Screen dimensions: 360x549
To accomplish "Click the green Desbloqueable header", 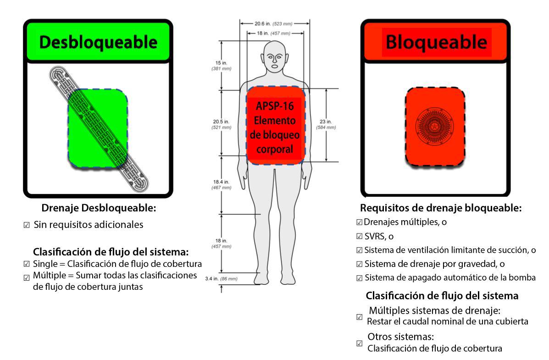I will click(x=98, y=43).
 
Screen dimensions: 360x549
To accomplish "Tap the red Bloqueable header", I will click(x=436, y=42).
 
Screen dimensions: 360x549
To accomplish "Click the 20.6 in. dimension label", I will click(x=274, y=22).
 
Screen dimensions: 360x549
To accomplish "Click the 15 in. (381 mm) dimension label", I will click(x=221, y=65).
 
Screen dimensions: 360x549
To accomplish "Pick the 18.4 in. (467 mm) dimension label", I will click(x=221, y=185).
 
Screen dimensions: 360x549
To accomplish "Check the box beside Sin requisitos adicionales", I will click(x=27, y=226).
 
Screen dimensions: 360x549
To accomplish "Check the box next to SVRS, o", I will click(x=359, y=237).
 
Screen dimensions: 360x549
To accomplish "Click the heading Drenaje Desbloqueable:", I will click(x=99, y=208).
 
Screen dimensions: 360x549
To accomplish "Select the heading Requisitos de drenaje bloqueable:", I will click(x=441, y=208).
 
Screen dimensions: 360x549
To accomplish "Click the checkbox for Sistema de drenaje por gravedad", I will click(x=359, y=264).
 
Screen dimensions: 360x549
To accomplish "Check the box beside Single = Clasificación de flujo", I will click(x=27, y=264).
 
